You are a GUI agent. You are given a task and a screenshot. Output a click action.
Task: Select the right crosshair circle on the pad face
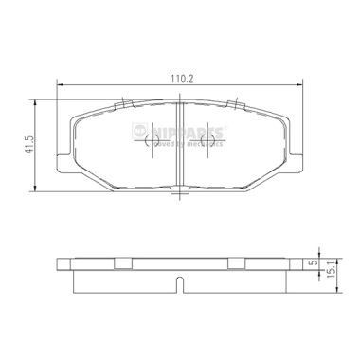click(x=208, y=142)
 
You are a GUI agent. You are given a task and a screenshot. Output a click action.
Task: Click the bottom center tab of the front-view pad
click(x=179, y=193)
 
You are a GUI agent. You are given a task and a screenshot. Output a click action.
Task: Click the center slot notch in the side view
click(x=179, y=282)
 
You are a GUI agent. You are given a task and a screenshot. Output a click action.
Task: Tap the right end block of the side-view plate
click(x=291, y=262)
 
